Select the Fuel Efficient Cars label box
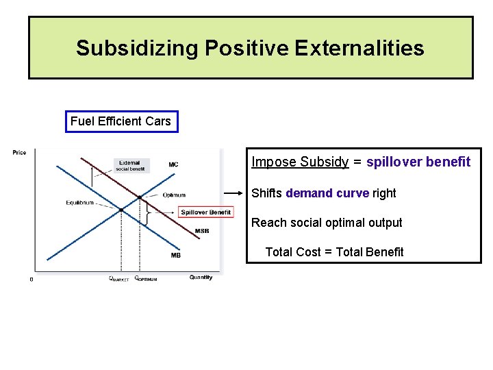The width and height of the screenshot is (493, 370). tap(121, 121)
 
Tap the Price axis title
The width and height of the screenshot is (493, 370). tap(19, 152)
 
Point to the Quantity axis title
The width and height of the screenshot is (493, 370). tap(201, 277)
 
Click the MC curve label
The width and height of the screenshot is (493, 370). tap(173, 164)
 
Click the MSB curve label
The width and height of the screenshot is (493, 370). tap(202, 231)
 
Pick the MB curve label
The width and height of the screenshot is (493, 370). tap(176, 256)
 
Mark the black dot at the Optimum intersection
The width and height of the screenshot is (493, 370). tap(140, 197)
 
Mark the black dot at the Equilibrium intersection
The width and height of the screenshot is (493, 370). tap(121, 210)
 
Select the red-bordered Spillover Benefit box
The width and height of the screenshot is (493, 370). tap(205, 212)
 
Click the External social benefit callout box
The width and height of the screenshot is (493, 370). tap(130, 166)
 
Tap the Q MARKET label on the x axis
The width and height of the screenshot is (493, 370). tap(118, 279)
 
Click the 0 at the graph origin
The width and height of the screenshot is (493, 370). tap(31, 279)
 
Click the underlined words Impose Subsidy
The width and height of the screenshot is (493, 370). tap(300, 162)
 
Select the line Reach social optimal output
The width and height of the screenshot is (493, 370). tap(327, 223)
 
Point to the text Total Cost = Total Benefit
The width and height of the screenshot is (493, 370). tap(334, 252)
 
